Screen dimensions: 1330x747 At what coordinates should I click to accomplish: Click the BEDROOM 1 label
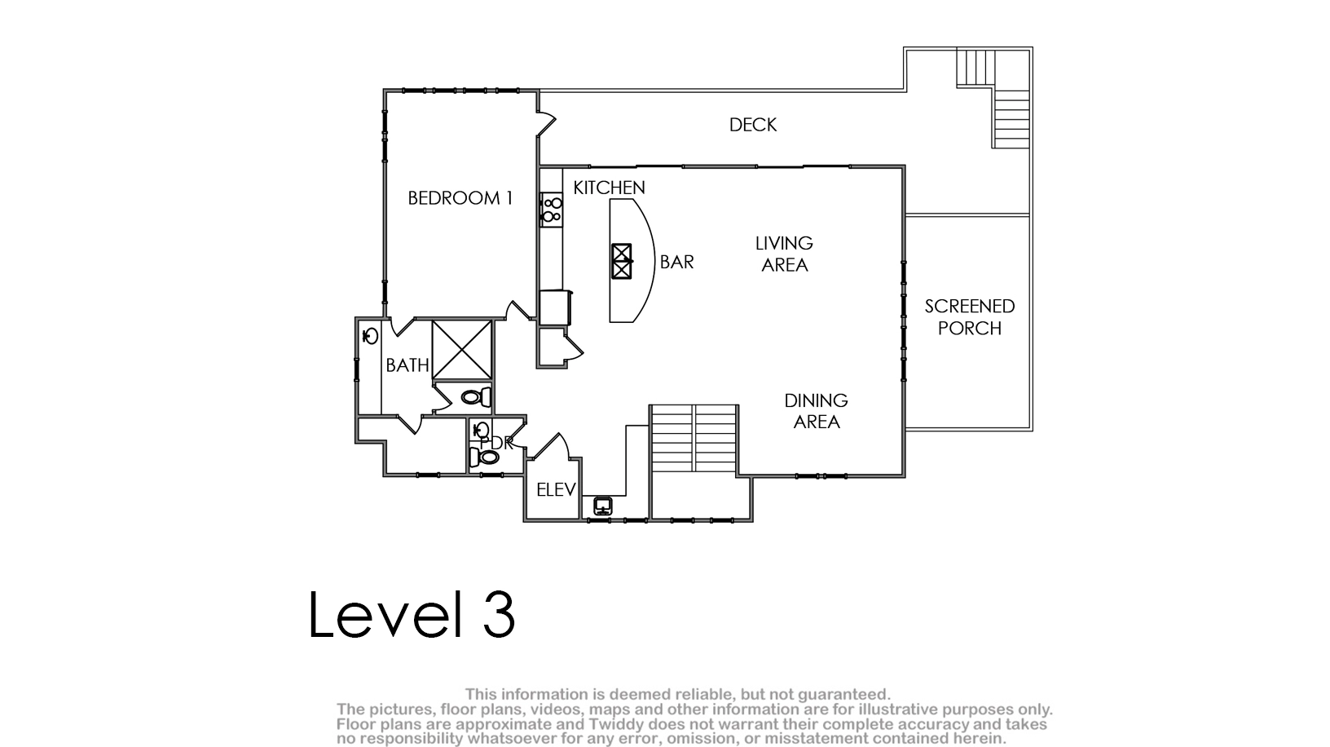pos(460,198)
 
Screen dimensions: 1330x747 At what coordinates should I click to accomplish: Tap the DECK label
pos(753,125)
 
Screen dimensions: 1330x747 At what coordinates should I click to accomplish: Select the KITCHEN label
pos(610,188)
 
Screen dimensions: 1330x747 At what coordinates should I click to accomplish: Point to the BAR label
pos(677,262)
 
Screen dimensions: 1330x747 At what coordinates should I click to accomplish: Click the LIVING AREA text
pos(784,254)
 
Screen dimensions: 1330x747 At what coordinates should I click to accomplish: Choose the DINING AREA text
pos(817,411)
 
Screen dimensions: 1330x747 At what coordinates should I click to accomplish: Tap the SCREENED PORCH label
pos(970,317)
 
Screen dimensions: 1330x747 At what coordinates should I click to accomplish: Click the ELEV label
pos(556,489)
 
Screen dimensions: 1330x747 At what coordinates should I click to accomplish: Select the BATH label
pos(407,365)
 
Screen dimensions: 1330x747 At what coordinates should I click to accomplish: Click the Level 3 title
pos(412,614)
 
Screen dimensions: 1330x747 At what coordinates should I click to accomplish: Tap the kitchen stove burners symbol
pos(552,210)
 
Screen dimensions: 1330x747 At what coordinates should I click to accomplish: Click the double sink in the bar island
pos(622,261)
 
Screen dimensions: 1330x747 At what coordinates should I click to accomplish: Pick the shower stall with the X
pos(462,350)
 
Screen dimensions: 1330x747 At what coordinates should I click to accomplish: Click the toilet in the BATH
pos(476,396)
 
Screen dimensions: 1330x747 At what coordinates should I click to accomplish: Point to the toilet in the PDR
pos(484,457)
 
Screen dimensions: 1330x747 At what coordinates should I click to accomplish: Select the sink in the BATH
pos(371,336)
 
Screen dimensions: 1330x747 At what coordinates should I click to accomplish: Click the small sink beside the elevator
pos(603,506)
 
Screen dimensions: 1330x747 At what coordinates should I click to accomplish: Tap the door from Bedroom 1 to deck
pos(546,124)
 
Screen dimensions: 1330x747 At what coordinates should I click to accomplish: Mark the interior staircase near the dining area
pos(694,439)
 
